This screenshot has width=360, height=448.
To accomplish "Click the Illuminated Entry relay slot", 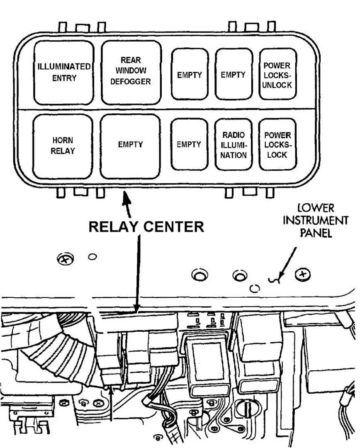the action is [64, 73].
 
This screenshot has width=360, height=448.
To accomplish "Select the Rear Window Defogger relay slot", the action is [131, 72].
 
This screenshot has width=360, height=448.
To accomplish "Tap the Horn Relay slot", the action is [63, 146].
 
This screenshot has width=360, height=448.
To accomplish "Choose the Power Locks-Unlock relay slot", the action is [277, 74].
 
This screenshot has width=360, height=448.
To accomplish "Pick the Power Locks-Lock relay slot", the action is [277, 144].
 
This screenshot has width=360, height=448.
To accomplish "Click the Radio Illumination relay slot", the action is [234, 144].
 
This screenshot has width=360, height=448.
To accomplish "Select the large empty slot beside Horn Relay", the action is [130, 146].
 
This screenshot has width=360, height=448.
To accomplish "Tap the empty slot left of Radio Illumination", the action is [189, 144].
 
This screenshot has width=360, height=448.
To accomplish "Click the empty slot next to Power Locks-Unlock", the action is [234, 74].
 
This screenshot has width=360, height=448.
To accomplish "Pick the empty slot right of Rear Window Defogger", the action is [190, 74].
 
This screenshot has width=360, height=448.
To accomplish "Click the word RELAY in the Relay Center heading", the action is [113, 227].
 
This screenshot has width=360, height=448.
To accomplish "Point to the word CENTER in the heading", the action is [174, 227].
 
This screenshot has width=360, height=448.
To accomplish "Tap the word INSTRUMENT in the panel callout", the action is [316, 220].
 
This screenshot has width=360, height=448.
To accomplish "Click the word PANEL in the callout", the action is [316, 233].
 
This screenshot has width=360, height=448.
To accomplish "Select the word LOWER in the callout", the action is [316, 208].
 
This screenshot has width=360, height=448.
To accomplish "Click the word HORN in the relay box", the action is [63, 140].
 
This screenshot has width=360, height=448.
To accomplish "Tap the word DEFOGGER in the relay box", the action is [131, 82].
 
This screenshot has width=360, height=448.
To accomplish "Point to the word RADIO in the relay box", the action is [234, 135].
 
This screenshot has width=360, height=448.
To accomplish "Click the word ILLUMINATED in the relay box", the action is [64, 66].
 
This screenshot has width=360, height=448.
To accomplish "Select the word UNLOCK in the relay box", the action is [277, 85].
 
